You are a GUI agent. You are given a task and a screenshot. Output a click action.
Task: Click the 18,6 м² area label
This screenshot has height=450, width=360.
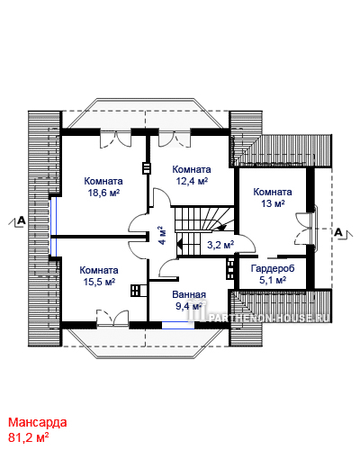click(x=103, y=193)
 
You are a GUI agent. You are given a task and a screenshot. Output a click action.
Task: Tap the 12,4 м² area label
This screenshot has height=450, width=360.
click(x=192, y=181)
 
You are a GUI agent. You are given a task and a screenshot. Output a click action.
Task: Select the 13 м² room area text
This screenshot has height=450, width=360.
click(x=273, y=203)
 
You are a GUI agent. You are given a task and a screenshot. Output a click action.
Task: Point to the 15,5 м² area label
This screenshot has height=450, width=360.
click(x=99, y=282)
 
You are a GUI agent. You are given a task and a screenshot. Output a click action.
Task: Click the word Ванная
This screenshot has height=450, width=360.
click(x=189, y=294)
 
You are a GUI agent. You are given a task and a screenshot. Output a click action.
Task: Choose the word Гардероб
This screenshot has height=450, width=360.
click(x=273, y=268)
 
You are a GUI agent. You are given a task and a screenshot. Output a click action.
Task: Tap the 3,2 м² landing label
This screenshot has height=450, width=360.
click(x=220, y=245)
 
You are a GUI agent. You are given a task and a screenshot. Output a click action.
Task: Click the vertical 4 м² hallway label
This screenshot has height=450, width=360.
click(x=162, y=235)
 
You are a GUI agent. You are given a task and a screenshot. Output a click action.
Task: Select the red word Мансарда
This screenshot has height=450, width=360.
click(x=38, y=422)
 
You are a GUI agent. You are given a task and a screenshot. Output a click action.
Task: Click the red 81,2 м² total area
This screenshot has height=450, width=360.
click(x=29, y=437)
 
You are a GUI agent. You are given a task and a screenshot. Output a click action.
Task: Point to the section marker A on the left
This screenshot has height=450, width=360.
click(x=22, y=220)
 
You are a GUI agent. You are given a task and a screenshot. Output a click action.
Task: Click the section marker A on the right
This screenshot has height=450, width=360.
click(x=338, y=232)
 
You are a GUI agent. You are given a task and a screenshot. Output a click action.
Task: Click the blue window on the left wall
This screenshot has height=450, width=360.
click(x=53, y=227)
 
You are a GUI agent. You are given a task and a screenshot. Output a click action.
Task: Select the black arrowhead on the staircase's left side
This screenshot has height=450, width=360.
click(x=179, y=244)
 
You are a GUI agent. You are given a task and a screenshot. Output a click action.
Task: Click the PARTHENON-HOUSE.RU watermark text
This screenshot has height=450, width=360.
click(x=268, y=318)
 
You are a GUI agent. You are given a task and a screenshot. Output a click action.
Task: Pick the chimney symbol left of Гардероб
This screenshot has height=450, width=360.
click(x=230, y=269)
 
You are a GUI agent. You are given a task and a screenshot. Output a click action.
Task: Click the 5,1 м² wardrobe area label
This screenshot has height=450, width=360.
click(x=273, y=281)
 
